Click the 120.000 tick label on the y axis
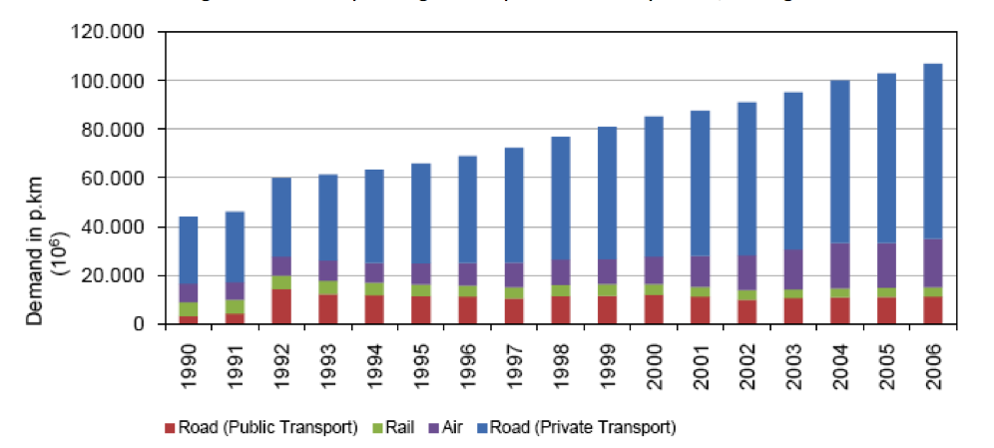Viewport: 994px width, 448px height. click(114, 31)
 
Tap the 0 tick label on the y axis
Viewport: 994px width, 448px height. click(141, 324)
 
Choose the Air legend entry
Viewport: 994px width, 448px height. click(461, 427)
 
